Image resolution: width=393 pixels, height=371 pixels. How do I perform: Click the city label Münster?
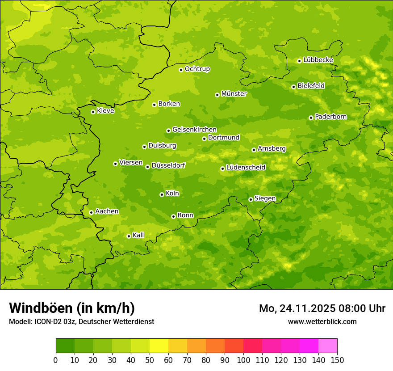[x=234, y=94]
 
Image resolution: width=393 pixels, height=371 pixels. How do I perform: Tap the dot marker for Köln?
[x=162, y=194]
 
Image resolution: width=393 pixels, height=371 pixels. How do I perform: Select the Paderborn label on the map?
[x=330, y=117]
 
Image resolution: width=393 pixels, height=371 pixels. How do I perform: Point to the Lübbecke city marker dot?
[x=299, y=61]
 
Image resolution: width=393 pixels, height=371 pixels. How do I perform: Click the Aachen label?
[x=107, y=211]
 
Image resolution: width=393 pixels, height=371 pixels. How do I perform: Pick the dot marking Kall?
[x=129, y=236]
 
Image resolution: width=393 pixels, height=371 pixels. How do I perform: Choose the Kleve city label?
[x=105, y=111]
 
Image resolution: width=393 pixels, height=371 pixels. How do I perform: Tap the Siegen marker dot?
[x=251, y=199]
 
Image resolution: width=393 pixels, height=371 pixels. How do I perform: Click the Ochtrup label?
[x=197, y=69]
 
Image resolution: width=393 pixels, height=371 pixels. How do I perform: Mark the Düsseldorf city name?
[x=168, y=165]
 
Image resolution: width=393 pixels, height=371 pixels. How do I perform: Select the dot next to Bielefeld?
[x=293, y=87]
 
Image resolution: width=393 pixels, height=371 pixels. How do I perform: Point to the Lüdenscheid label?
[x=246, y=168]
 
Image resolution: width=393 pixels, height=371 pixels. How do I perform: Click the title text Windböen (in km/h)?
[x=71, y=308]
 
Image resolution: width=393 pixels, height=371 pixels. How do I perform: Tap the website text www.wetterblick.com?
[x=322, y=321]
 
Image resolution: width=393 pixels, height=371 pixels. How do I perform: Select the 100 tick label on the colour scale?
[x=243, y=360]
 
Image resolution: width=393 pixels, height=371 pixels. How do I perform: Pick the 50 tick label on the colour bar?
[x=150, y=360]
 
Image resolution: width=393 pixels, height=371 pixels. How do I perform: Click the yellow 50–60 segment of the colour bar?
[x=159, y=346]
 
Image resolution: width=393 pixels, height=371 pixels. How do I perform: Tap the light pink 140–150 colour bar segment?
[x=328, y=346]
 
